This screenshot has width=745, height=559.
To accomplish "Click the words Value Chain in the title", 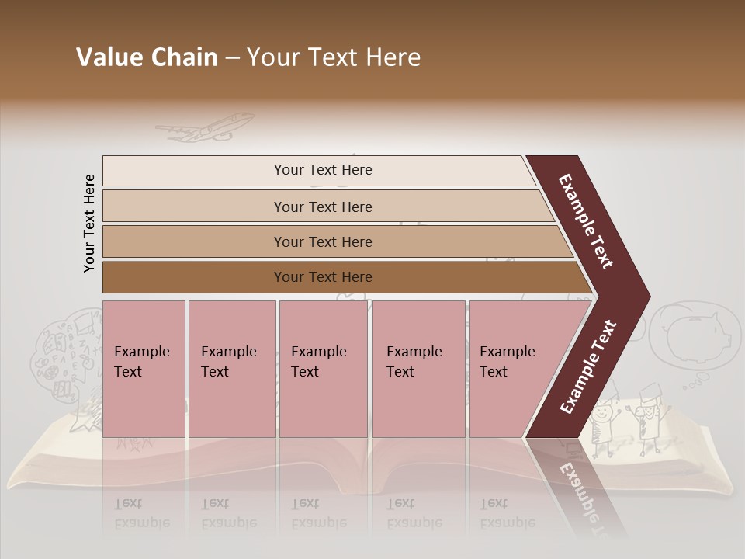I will (147, 58).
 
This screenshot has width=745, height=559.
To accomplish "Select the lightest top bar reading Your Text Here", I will (322, 170).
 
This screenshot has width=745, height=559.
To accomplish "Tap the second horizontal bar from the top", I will (322, 207).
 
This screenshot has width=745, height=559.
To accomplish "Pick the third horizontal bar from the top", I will (322, 241).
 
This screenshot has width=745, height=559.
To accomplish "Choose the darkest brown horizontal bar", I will (322, 277).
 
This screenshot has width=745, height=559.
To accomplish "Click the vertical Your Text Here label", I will (89, 223).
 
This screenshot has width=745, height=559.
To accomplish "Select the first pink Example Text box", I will (144, 368).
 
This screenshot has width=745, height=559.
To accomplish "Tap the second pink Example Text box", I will (231, 368).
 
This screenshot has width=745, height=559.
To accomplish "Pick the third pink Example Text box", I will (323, 368).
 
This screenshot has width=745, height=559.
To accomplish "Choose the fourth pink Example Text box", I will (418, 368).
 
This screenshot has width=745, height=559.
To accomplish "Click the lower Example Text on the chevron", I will (588, 367).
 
